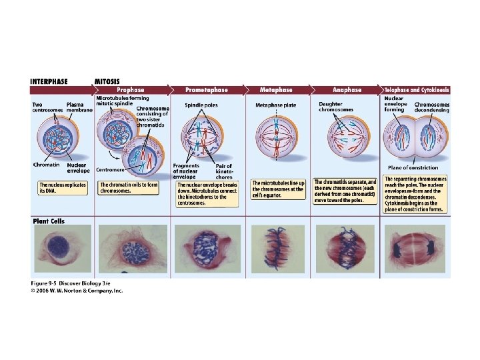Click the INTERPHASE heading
[49, 81]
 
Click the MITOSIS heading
[108, 81]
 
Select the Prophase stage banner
[130, 89]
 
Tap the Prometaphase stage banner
[206, 89]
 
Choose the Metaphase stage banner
[276, 89]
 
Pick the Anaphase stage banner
[347, 89]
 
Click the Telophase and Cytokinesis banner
[417, 89]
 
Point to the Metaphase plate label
[275, 105]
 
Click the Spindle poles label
[201, 105]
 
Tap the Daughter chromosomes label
[331, 107]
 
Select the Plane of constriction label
[413, 167]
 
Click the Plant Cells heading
[49, 221]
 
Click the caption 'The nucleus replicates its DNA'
[61, 187]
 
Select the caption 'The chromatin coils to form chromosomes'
[129, 187]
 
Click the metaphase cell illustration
[276, 139]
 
